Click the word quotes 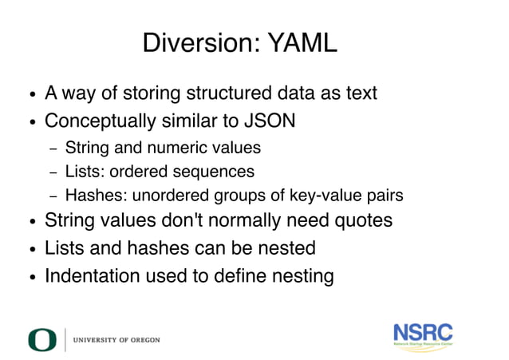click(x=364, y=221)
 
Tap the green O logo click(x=42, y=339)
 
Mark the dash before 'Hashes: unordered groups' click(x=53, y=196)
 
